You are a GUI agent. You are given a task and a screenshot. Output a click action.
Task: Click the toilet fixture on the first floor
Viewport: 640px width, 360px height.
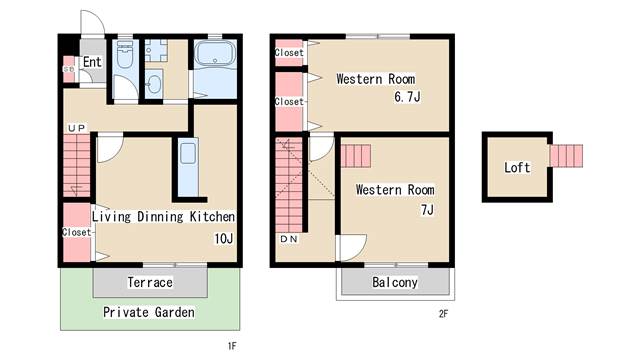pos(124,53)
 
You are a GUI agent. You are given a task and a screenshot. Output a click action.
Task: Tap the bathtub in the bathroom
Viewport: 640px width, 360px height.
pos(215,54)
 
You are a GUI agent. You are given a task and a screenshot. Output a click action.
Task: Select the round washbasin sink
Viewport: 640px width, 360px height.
pos(154,83)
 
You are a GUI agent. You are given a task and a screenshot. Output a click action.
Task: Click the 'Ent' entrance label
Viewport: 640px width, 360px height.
pos(92,62)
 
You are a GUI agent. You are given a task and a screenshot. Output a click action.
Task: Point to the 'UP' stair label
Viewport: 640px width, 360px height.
pos(77,128)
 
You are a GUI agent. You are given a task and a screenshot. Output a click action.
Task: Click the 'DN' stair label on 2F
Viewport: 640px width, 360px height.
pos(289,239)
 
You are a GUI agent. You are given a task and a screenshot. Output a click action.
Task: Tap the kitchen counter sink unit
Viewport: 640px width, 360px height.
pos(188,167)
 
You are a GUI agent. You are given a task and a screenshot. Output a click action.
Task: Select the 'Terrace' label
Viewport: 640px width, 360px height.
pos(150,282)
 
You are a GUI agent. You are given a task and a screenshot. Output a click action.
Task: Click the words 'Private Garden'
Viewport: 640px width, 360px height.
pos(149,312)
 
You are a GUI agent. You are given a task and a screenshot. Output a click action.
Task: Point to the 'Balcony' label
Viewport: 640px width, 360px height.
pos(395,282)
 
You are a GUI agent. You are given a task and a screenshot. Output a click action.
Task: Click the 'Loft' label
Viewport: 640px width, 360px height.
pos(517,167)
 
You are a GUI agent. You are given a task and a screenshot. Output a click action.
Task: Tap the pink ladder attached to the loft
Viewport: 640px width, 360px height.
pos(566,156)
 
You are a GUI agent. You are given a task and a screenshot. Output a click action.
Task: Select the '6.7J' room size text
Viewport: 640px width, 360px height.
pos(407,97)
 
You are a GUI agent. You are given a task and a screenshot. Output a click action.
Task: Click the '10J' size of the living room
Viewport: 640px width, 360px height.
pos(224,238)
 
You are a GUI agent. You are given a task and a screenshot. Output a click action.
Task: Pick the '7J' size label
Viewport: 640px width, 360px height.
pos(427,210)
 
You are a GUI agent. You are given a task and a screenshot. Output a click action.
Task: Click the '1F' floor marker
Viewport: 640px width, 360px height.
pos(232,347)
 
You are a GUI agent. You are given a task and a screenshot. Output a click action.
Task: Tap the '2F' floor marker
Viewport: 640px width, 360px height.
pos(443,314)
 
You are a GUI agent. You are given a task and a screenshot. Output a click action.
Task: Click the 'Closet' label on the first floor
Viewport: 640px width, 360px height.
pos(77,232)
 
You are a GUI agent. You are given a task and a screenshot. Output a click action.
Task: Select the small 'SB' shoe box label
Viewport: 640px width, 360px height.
pos(69,69)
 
